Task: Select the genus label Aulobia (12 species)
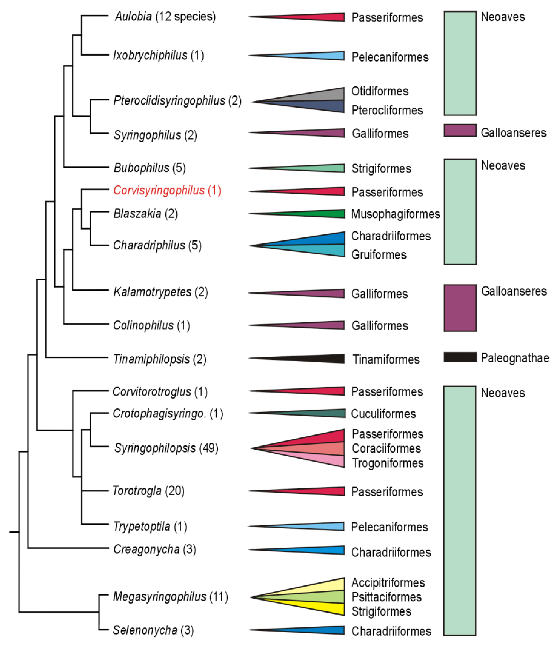[x=165, y=16]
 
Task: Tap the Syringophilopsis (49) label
[x=166, y=448]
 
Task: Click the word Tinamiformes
[x=386, y=359]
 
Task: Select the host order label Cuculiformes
[x=383, y=414]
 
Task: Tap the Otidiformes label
[x=380, y=91]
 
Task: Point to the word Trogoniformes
[x=388, y=463]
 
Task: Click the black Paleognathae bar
[x=460, y=357]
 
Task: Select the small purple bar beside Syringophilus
[x=460, y=130]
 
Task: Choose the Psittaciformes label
[x=387, y=597]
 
